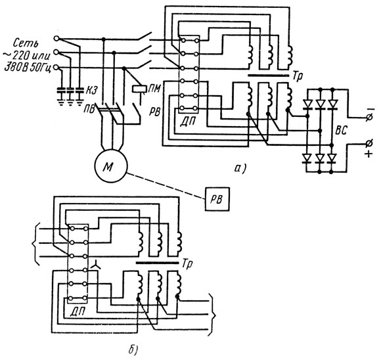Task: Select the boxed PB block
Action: tap(217, 199)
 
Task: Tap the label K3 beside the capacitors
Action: tap(91, 91)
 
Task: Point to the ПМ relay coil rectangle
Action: tap(139, 89)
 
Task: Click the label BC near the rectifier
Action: tap(341, 130)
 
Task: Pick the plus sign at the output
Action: tap(369, 154)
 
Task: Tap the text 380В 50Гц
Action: tap(28, 68)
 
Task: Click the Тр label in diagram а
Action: tap(298, 76)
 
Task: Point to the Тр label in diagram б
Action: tap(187, 263)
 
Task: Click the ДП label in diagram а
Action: tap(188, 120)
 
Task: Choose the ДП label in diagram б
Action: tap(78, 311)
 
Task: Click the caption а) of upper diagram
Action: tap(240, 168)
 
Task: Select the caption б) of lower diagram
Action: tap(133, 349)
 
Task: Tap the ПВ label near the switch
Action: tap(89, 109)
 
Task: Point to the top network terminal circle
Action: tap(56, 38)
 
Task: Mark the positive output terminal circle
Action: tap(369, 144)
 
